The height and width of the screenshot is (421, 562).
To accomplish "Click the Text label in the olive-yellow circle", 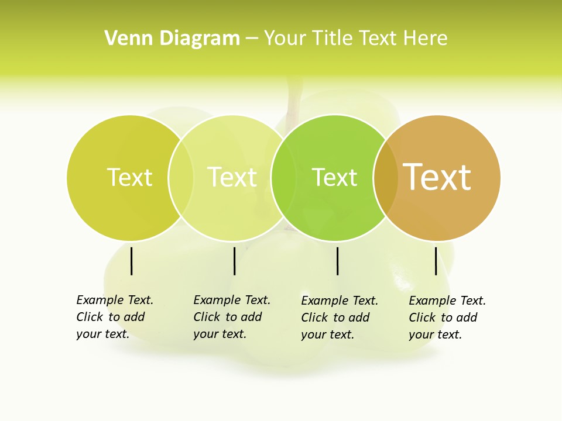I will pos(129,177).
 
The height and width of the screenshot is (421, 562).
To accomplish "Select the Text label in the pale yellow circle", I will pos(232,177).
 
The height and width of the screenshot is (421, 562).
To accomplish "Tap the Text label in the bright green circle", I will pos(334,178).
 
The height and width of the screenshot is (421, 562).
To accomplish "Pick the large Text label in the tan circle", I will pos(437,177).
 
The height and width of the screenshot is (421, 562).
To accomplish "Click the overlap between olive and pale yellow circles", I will pos(181,178).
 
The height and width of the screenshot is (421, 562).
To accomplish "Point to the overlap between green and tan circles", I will pos(385,178).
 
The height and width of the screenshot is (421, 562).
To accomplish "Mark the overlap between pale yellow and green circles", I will pos(283,178).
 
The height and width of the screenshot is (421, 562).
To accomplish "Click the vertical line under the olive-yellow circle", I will pos(132,261).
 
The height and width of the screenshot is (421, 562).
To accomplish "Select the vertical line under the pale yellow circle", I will pos(234,261).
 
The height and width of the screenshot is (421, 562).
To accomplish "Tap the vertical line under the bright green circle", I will pos(337,261).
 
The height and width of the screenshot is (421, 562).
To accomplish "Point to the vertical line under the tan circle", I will pos(436,261).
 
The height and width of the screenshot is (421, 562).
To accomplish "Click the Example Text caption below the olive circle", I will pos(114,317).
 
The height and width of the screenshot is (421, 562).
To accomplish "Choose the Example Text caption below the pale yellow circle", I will pos(231,317).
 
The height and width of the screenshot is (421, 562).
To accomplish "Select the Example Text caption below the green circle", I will pos(339,318).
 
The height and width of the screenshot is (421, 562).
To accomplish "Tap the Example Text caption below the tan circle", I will pos(447,318).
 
